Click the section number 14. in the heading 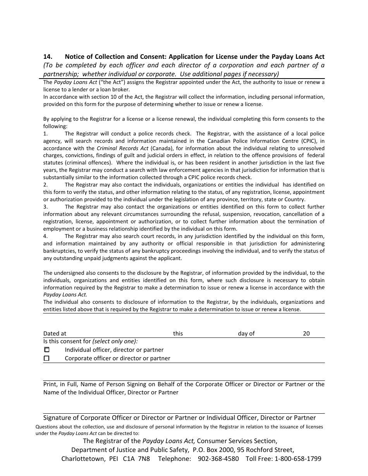tap(48, 57)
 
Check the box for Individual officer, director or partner tap(46, 350)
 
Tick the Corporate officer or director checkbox tap(46, 358)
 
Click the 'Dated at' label tap(55, 334)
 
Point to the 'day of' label tap(246, 334)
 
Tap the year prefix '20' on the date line tap(306, 334)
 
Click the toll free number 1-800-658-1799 tap(298, 459)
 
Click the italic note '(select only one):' tap(115, 341)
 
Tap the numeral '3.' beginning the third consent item tap(45, 207)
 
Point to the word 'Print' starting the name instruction tap(50, 384)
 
